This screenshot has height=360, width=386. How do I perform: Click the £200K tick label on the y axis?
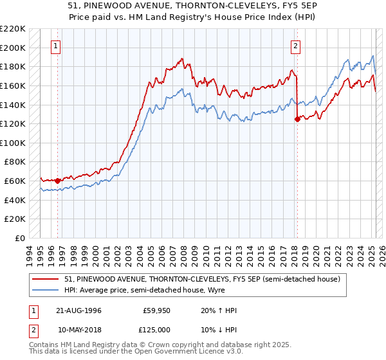tap(13, 48)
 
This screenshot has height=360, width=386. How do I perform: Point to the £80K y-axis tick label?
tap(15, 162)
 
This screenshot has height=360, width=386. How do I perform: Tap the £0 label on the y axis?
tap(21, 239)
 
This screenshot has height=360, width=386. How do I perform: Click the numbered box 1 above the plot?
tap(57, 46)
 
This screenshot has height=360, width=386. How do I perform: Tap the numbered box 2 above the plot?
tap(295, 46)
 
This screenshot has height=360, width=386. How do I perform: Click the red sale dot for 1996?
tap(57, 181)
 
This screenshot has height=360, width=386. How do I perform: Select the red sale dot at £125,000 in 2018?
tap(297, 119)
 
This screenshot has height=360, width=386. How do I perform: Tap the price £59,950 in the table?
tap(156, 310)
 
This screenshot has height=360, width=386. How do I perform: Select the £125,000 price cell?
tap(156, 329)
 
